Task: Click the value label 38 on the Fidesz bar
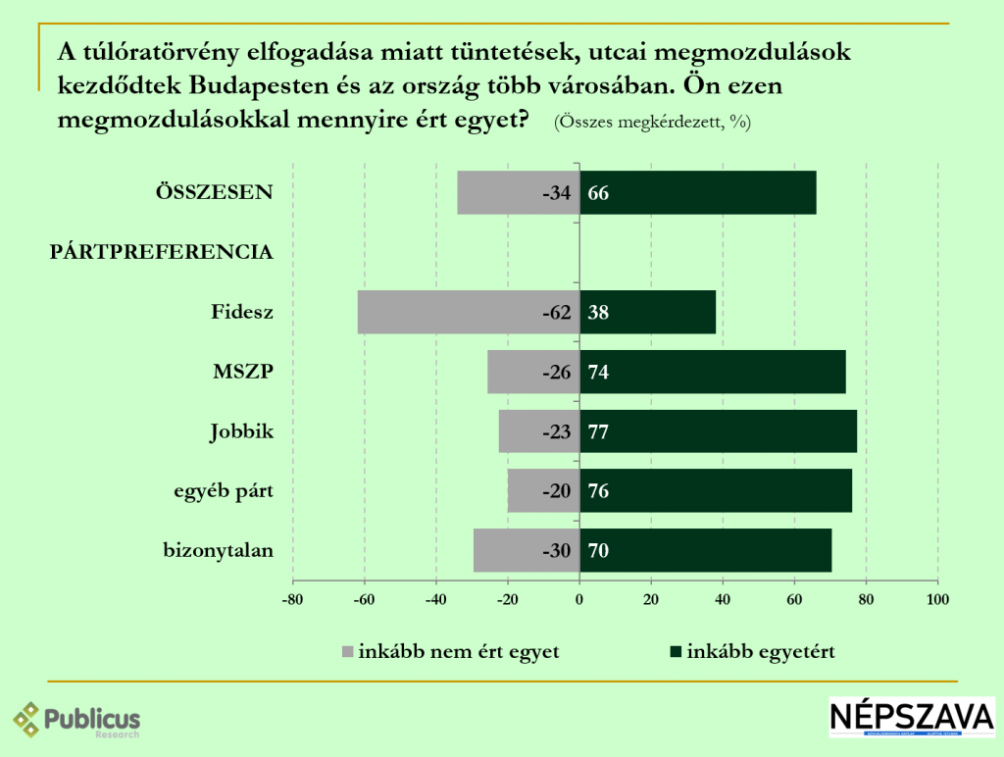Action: (598, 313)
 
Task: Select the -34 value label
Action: (556, 193)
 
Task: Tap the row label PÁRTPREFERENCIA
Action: (161, 253)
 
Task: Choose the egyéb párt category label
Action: (217, 491)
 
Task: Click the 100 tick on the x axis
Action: (938, 598)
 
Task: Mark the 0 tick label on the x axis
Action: (579, 598)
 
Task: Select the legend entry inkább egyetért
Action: (761, 652)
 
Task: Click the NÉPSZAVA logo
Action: (912, 718)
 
